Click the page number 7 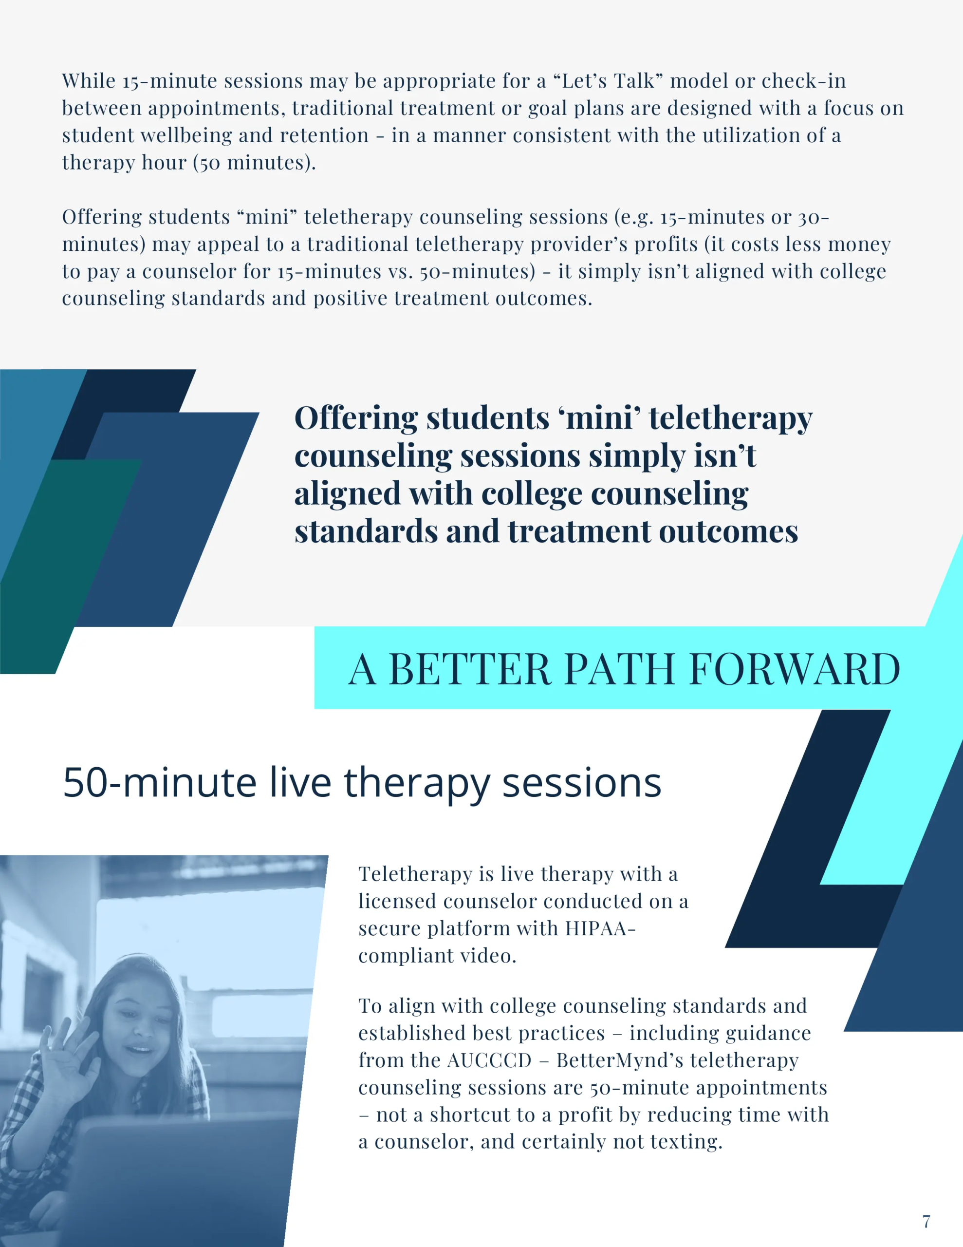[x=926, y=1221]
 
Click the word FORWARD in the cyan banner [x=795, y=669]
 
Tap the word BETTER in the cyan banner [x=469, y=669]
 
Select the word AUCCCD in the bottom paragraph [x=489, y=1060]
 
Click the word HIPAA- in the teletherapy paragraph [x=600, y=928]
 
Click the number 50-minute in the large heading [x=160, y=783]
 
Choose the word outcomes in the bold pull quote [x=728, y=531]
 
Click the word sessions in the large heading [x=582, y=783]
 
